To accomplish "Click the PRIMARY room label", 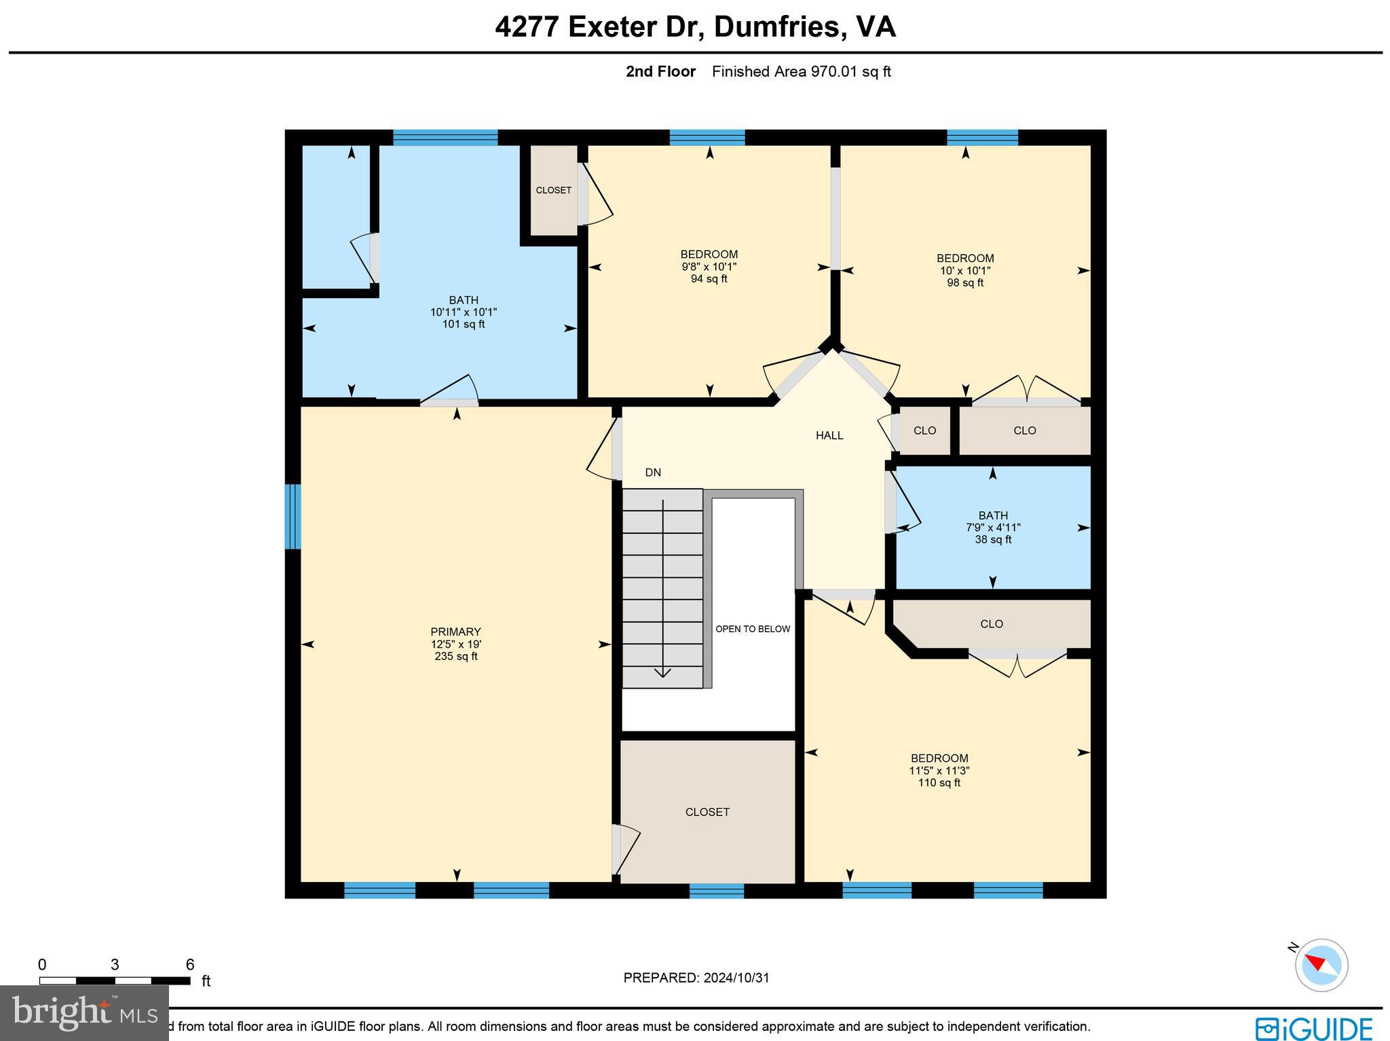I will click(x=455, y=632).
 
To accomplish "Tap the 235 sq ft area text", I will click(x=455, y=657).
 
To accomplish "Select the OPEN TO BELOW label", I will click(x=753, y=629).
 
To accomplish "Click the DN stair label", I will click(x=653, y=473).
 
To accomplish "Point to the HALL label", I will click(x=829, y=436).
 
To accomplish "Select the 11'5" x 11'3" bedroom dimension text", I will click(x=939, y=771).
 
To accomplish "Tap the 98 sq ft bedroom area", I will click(x=965, y=282).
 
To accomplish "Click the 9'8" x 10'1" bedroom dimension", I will click(x=709, y=267).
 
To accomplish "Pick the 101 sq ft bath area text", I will click(x=464, y=324).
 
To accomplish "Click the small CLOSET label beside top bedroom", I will click(x=553, y=190).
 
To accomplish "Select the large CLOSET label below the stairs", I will click(x=707, y=812).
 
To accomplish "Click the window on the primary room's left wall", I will click(x=293, y=516).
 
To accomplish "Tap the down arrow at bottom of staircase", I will click(x=662, y=672).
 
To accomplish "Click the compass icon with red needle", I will click(x=1321, y=965).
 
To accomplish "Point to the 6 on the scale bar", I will click(x=190, y=965).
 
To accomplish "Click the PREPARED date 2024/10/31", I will click(x=696, y=978).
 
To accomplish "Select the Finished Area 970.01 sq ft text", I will click(x=801, y=72).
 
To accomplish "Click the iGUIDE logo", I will click(x=1313, y=1028).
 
